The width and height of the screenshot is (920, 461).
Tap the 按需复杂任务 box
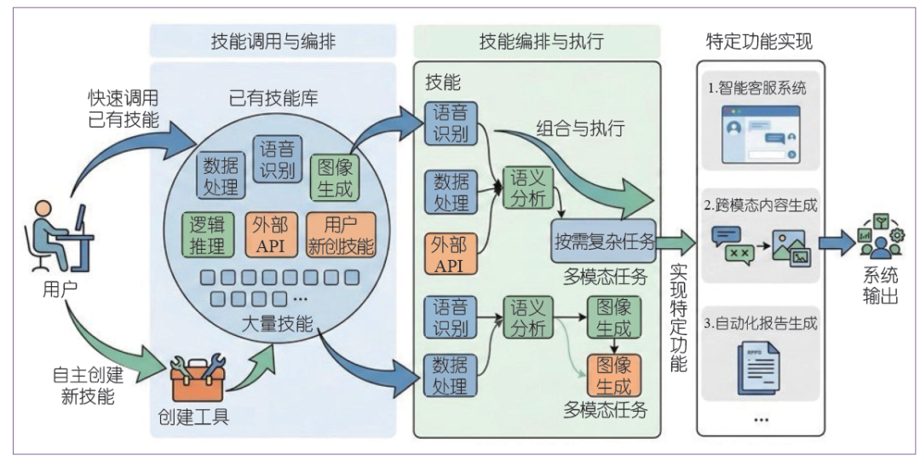point(603,241)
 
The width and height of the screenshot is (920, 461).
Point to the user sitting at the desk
point(60,237)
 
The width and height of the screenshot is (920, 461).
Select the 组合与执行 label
point(580,129)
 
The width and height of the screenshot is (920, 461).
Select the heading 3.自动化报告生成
point(760,323)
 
